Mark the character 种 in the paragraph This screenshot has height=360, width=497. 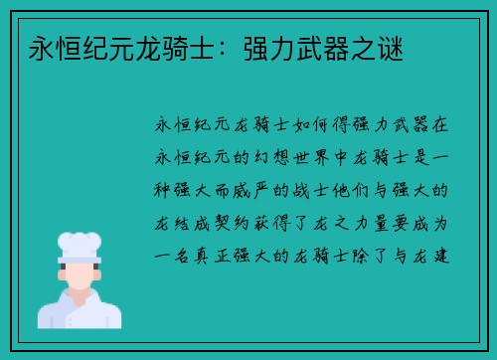coord(162,189)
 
